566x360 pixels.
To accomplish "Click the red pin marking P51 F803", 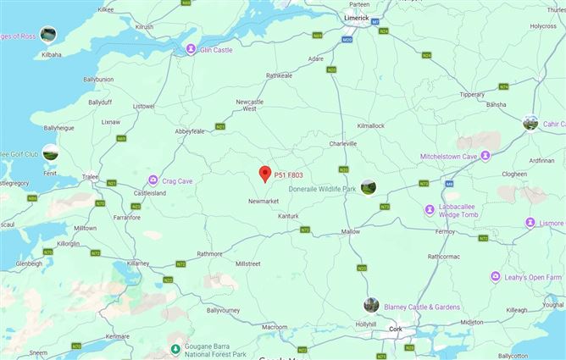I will click(264, 173).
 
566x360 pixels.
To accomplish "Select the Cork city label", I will click(394, 328).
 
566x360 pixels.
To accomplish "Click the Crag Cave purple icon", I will click(153, 180).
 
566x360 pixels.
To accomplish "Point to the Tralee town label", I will click(90, 176).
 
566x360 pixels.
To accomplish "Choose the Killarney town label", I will click(136, 263).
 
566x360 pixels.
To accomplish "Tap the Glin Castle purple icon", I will click(191, 49).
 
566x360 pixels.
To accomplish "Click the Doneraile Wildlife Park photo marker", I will click(369, 187).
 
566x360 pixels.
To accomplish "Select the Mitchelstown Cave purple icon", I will click(486, 155).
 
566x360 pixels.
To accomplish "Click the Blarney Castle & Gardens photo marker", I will click(371, 305).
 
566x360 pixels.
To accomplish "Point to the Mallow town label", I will click(350, 231).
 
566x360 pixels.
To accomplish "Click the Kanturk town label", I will click(289, 216).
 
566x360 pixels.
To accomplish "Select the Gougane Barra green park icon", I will click(175, 348).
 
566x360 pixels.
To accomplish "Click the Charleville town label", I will click(343, 143).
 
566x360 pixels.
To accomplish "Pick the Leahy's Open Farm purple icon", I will click(495, 277).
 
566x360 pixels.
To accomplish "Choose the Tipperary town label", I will click(472, 95).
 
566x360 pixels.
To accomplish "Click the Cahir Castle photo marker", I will click(530, 123).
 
